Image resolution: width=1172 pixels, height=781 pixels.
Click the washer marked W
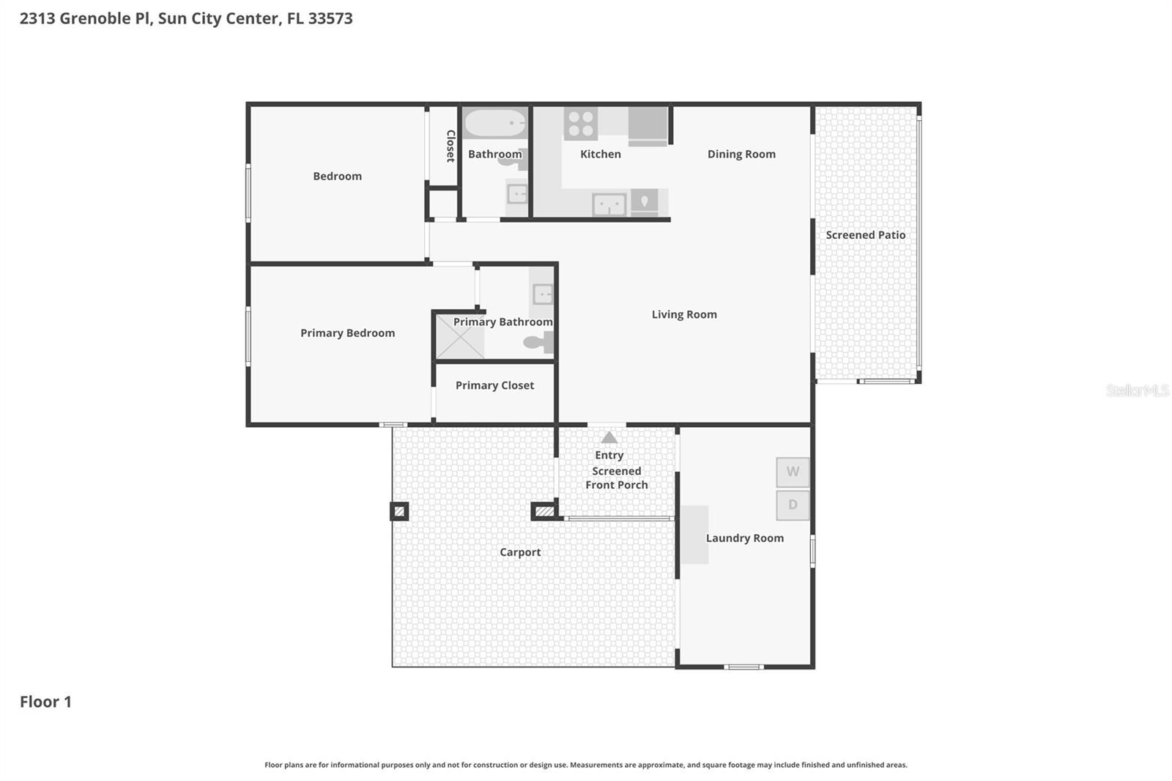tap(793, 472)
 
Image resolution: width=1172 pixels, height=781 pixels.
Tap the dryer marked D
tap(793, 505)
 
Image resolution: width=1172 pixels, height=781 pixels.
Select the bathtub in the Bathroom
tap(495, 124)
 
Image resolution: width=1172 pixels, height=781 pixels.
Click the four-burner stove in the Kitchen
tap(581, 123)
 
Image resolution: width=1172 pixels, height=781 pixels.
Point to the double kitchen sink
tap(609, 204)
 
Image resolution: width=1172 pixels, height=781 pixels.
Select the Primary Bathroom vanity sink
tap(543, 295)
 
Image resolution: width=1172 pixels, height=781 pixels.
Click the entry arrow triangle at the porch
tap(609, 437)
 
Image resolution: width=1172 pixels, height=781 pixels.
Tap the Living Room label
tap(684, 314)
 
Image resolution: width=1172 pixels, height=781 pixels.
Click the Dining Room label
tap(741, 154)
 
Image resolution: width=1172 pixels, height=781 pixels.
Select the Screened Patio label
tap(865, 235)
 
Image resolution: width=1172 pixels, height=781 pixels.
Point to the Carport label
tap(520, 552)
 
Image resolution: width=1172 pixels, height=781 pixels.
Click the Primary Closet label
tap(494, 385)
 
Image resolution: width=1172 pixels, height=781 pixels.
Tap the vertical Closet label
tap(450, 146)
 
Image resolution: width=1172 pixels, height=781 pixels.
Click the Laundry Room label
tap(744, 538)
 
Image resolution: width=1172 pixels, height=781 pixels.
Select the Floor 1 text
tap(45, 702)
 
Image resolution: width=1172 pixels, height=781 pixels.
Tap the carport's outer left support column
tap(399, 511)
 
